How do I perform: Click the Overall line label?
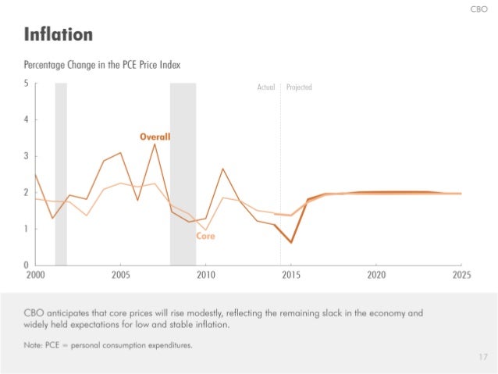coord(155,137)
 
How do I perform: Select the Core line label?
coord(205,235)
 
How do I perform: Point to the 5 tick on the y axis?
coord(27,84)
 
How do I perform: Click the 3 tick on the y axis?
coord(27,156)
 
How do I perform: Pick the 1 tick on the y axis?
coord(27,229)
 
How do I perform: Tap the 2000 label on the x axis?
coord(35,276)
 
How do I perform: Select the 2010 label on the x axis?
coord(206,276)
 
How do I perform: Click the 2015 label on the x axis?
coord(291,276)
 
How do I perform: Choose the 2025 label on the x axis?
coord(461,276)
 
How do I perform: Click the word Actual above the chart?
coord(265,87)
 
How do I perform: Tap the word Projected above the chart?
coord(299,87)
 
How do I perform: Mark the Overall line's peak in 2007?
coord(155,144)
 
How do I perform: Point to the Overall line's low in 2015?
coord(290,243)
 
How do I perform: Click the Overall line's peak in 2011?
coord(223,169)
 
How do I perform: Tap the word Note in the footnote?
coord(34,344)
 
